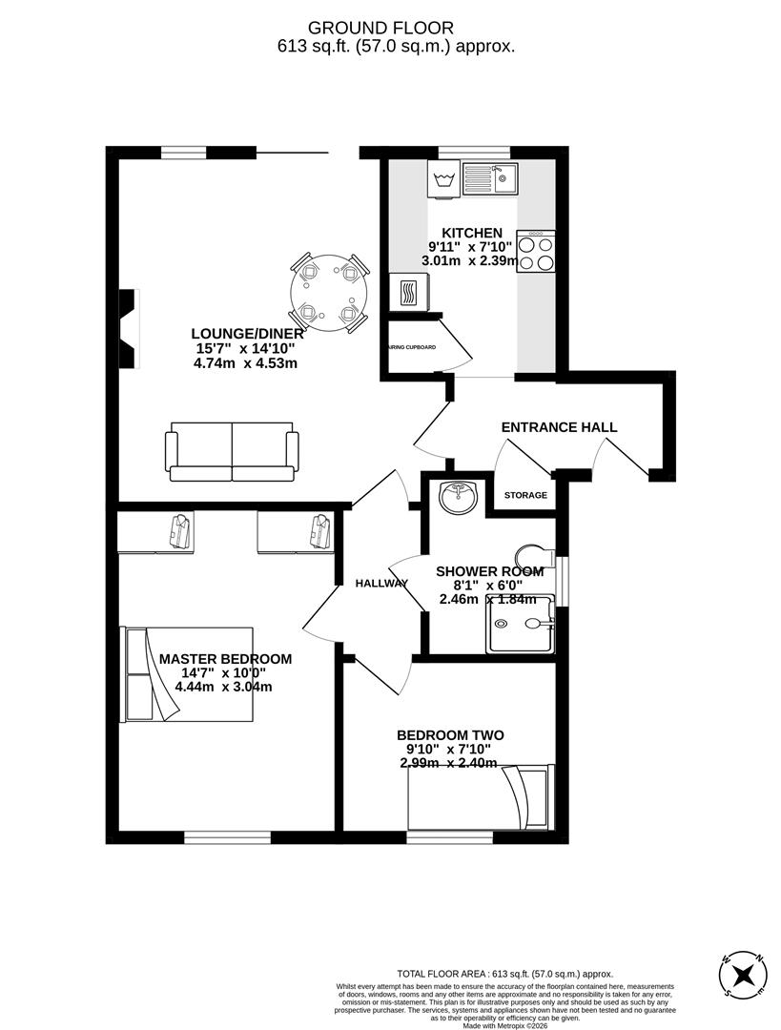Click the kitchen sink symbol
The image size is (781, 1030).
click(x=489, y=175)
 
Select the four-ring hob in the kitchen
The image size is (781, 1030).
click(x=535, y=252)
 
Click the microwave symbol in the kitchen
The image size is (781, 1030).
click(x=408, y=292)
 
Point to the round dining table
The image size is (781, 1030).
click(x=327, y=292)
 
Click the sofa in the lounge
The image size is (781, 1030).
click(x=231, y=451)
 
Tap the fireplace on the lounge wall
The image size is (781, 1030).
click(x=128, y=315)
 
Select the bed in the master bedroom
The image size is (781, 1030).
click(x=187, y=673)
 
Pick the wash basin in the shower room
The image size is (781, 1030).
click(x=458, y=498)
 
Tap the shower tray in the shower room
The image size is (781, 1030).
click(x=520, y=624)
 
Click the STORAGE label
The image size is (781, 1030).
click(x=525, y=495)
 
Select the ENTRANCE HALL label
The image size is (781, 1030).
click(x=559, y=427)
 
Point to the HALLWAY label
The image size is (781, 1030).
click(x=381, y=583)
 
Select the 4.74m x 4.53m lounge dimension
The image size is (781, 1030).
click(x=246, y=362)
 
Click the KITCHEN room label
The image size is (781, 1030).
click(x=471, y=233)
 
